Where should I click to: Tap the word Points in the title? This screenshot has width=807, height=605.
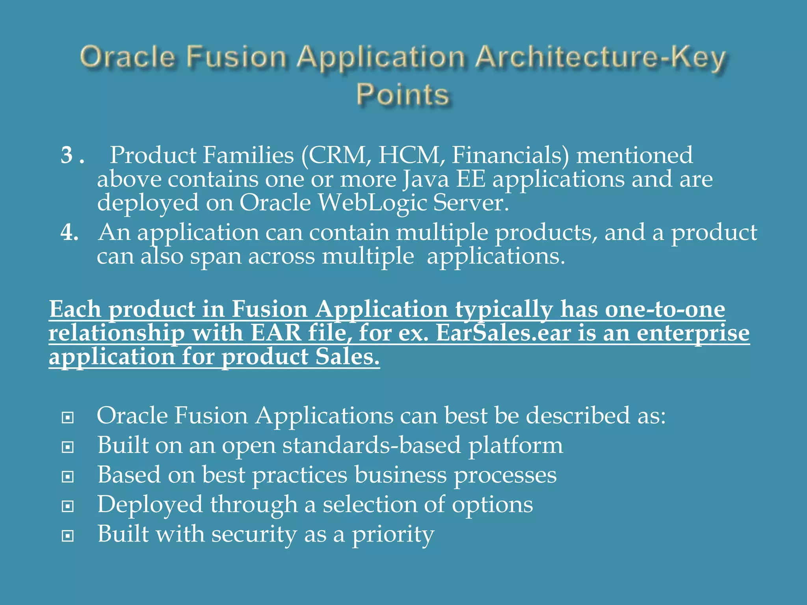[x=403, y=95]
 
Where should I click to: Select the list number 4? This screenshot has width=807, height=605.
[x=69, y=232]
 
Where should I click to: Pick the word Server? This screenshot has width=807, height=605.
[x=470, y=203]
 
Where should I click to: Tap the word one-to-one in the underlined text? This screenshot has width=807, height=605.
[x=665, y=309]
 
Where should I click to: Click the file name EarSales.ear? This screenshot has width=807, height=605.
[x=503, y=333]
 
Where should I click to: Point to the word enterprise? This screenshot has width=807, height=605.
[x=693, y=333]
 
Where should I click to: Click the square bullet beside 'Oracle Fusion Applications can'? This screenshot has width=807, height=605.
[x=68, y=418]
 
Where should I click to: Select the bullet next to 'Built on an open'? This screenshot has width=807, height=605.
[x=68, y=447]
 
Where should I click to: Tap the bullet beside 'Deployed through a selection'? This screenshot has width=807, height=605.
[x=68, y=506]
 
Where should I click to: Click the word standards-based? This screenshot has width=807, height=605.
[x=372, y=445]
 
